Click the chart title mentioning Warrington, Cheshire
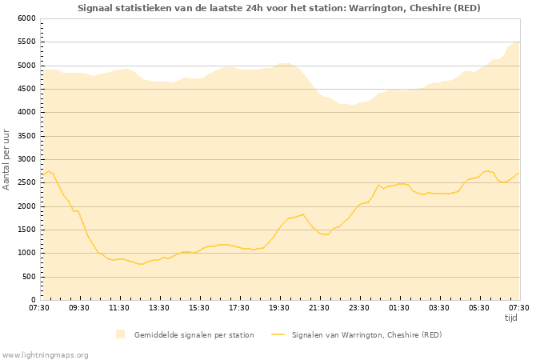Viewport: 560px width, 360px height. (x=279, y=8)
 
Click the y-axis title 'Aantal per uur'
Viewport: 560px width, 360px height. (x=6, y=158)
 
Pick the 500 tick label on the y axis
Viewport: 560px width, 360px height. (x=28, y=277)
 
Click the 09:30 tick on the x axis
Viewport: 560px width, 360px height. (x=79, y=307)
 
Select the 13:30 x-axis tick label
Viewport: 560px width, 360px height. (x=159, y=307)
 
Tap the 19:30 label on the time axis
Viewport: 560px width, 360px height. (x=279, y=307)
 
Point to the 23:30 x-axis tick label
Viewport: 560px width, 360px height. (x=359, y=307)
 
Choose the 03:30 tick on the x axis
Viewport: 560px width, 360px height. (x=439, y=307)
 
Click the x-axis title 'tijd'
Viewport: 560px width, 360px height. (x=511, y=318)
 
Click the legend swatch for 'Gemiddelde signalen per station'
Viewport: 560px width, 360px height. (x=120, y=334)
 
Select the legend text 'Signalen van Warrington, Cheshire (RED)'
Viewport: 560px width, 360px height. (x=366, y=334)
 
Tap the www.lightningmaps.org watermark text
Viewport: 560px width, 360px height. (x=46, y=354)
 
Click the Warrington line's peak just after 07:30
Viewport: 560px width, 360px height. (x=48, y=171)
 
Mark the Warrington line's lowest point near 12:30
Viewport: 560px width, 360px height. (x=141, y=264)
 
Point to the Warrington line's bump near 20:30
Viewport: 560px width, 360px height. (x=303, y=214)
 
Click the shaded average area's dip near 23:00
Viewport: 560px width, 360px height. (x=352, y=105)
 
